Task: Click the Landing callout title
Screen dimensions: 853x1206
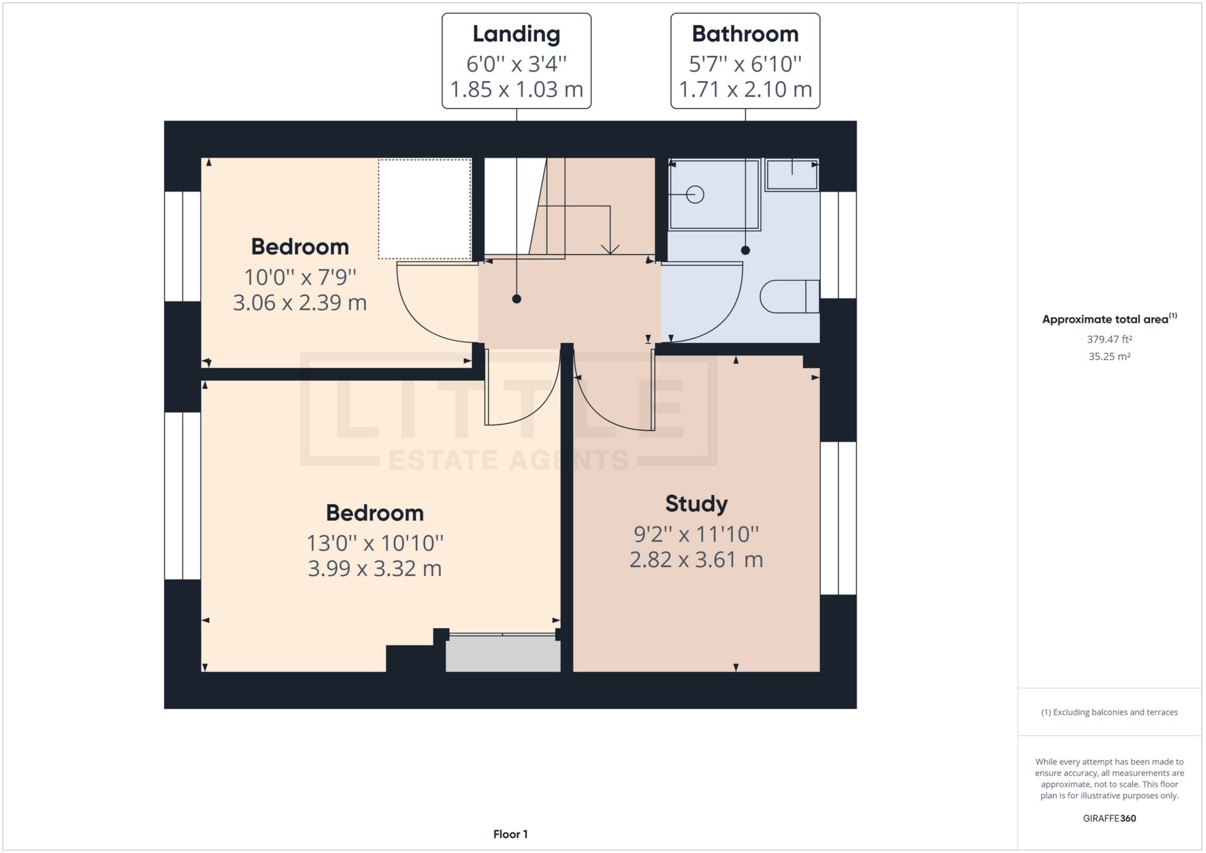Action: (516, 34)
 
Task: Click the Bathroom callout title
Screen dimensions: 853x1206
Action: (745, 34)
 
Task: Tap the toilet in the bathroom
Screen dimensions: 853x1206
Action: (789, 296)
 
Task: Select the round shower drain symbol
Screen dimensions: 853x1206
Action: (695, 195)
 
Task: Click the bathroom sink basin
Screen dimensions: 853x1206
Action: (791, 174)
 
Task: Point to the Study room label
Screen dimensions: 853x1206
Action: (696, 504)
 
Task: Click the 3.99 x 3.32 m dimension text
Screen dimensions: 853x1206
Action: (374, 568)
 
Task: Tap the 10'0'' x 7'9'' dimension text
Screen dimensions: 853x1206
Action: (300, 277)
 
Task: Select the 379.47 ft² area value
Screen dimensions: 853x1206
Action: (1109, 339)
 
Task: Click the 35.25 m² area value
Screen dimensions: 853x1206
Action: (1109, 356)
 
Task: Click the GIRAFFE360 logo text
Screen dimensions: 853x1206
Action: (1109, 818)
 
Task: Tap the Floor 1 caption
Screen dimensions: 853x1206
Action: (510, 834)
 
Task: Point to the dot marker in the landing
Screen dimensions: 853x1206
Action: (516, 299)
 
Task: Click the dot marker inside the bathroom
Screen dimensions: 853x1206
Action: (745, 250)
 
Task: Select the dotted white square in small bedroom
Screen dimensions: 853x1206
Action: (425, 209)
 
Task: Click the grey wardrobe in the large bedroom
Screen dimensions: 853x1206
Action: (503, 654)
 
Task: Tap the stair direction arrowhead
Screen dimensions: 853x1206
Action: (610, 249)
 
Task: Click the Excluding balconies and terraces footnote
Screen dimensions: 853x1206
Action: (1109, 712)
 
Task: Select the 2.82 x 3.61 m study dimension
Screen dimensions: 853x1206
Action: (696, 560)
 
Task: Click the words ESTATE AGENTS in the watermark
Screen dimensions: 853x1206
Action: (509, 460)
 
